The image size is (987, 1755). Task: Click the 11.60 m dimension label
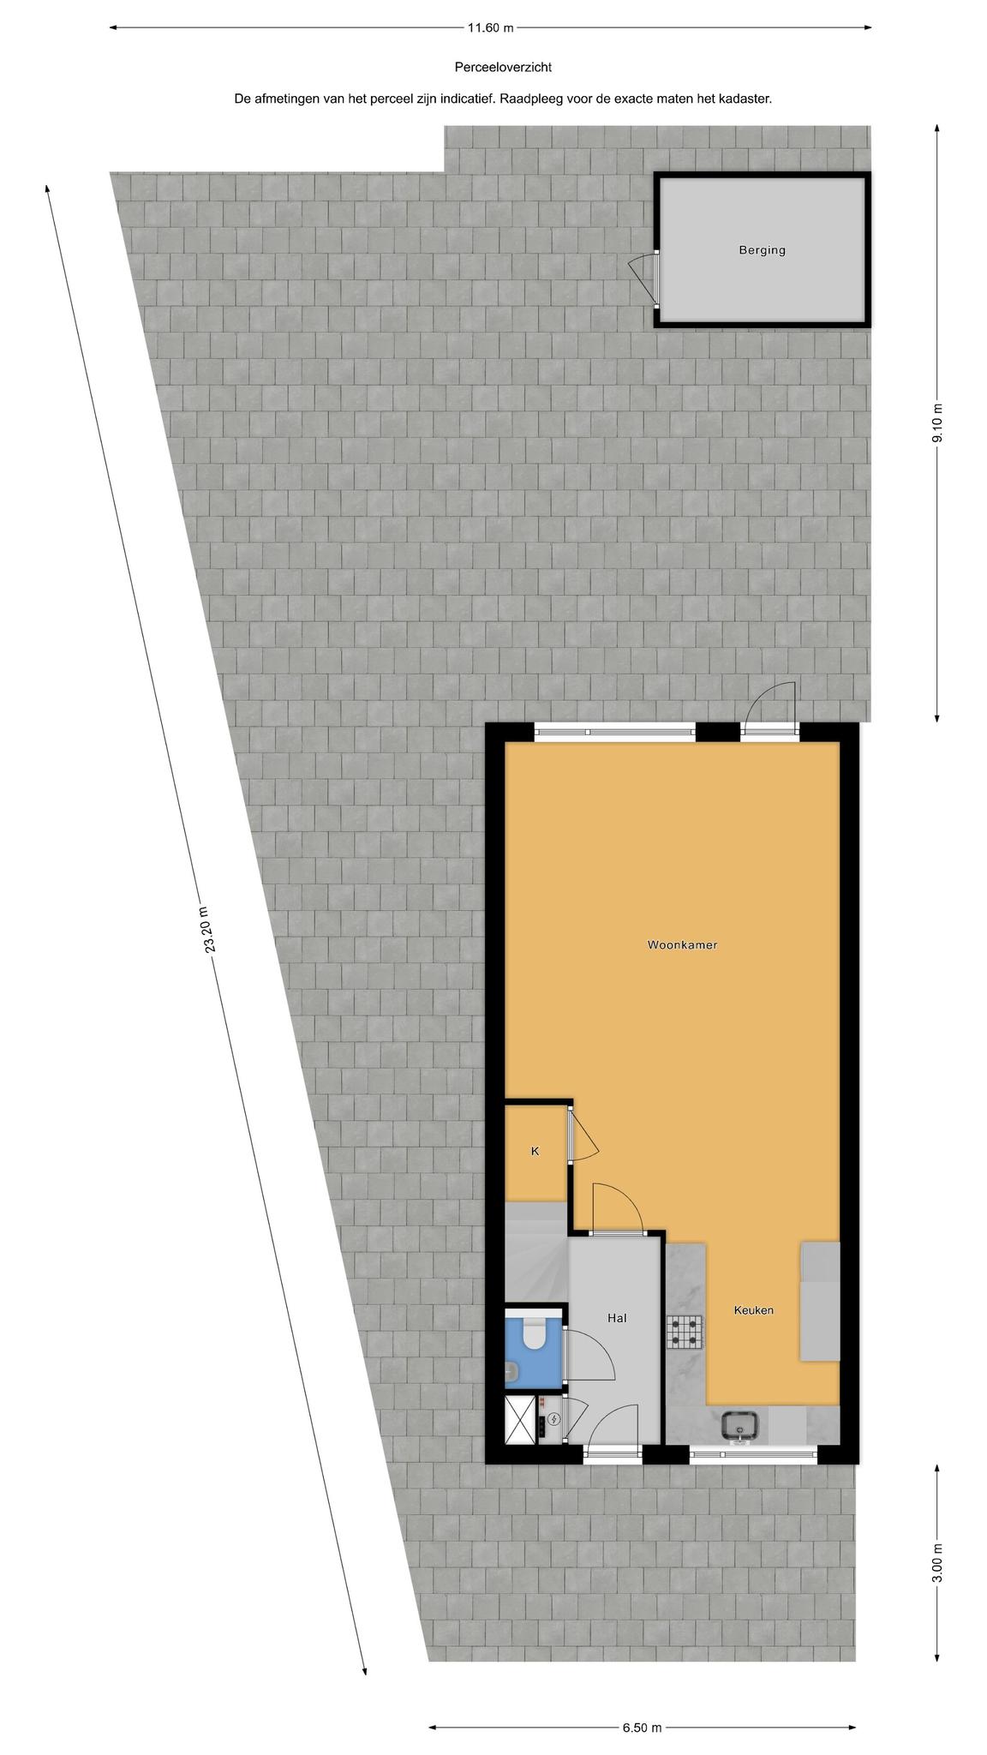(490, 27)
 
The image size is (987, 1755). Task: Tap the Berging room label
(762, 250)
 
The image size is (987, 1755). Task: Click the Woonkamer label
(682, 945)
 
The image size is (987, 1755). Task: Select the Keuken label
(754, 1310)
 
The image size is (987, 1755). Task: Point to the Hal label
(617, 1318)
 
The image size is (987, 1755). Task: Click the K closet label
(535, 1151)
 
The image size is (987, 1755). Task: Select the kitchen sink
(740, 1424)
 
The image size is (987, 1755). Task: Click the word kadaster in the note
(745, 99)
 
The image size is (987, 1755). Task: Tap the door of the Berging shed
(644, 279)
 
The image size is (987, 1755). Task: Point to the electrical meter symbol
(553, 1419)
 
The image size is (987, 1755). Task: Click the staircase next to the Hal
(536, 1252)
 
